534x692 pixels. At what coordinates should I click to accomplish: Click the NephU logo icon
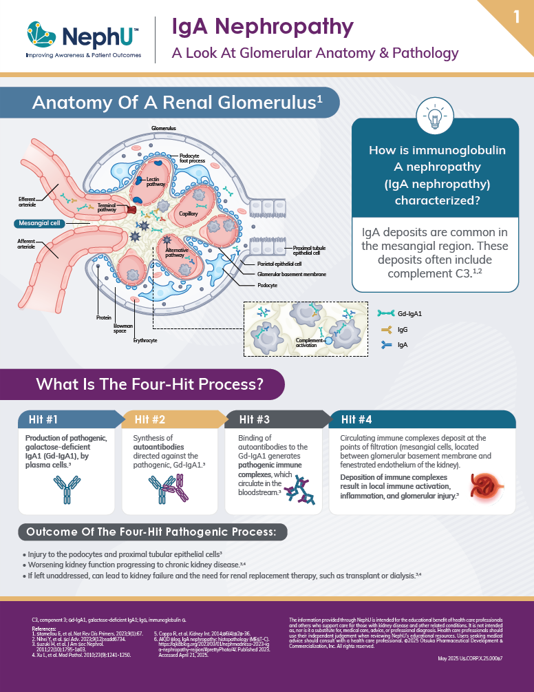point(41,31)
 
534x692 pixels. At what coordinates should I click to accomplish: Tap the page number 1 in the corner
point(516,17)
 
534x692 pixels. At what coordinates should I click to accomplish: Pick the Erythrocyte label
point(145,340)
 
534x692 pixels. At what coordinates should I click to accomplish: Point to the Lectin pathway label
point(156,182)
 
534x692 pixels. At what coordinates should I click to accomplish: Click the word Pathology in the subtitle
point(423,52)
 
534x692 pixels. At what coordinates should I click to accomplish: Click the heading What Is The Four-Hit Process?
point(151,384)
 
